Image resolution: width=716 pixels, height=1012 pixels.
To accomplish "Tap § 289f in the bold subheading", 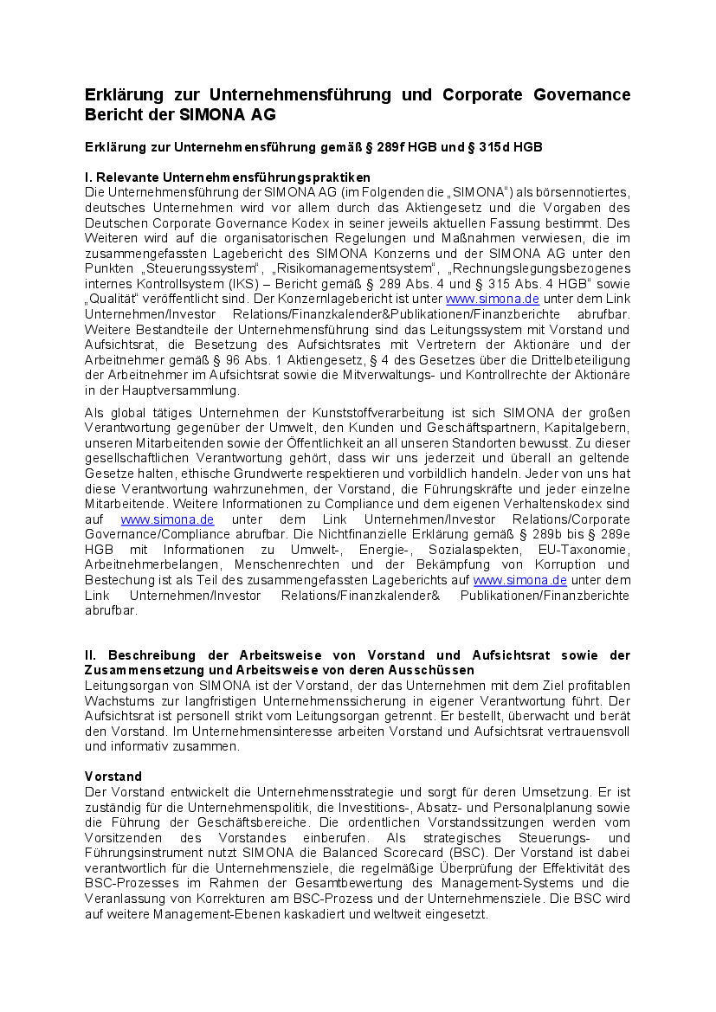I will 394,147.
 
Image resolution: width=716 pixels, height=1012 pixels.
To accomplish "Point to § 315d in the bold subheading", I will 489,147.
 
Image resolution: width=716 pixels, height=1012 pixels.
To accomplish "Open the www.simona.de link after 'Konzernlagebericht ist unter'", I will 481,299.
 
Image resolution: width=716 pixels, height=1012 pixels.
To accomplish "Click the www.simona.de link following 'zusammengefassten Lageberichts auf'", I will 520,580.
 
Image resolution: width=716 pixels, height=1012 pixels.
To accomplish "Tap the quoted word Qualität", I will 112,299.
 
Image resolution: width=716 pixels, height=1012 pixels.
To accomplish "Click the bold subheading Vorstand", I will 113,776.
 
